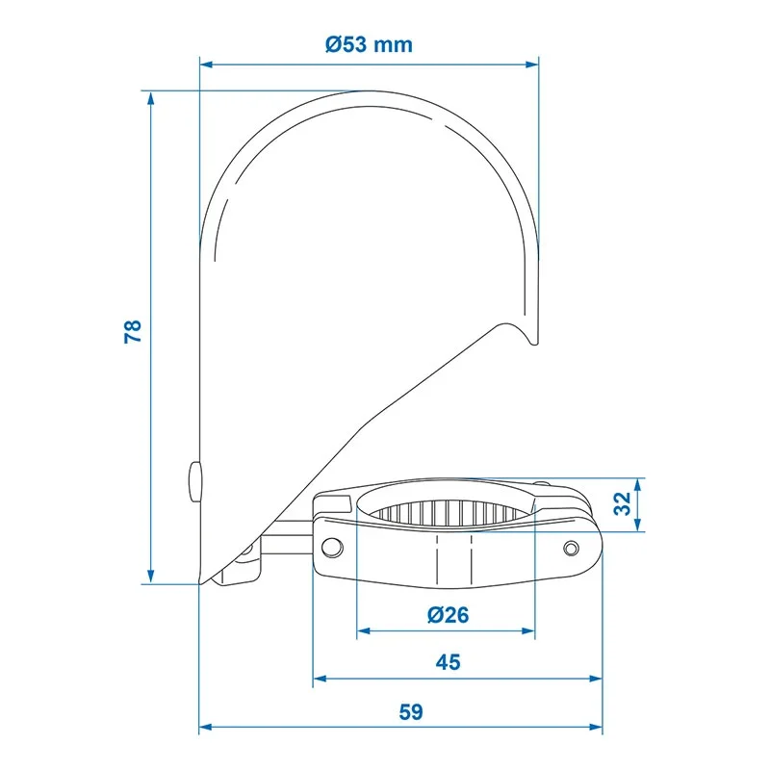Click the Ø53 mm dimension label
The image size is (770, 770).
[369, 44]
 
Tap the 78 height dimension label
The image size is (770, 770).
[133, 331]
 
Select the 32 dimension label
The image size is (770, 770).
[623, 503]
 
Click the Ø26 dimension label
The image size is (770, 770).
[448, 615]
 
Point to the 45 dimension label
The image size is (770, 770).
[448, 662]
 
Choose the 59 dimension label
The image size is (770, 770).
[411, 711]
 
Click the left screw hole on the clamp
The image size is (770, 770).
[332, 547]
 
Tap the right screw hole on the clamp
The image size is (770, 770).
[571, 547]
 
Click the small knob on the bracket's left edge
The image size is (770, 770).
[194, 481]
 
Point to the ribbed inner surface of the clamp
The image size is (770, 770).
[445, 513]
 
